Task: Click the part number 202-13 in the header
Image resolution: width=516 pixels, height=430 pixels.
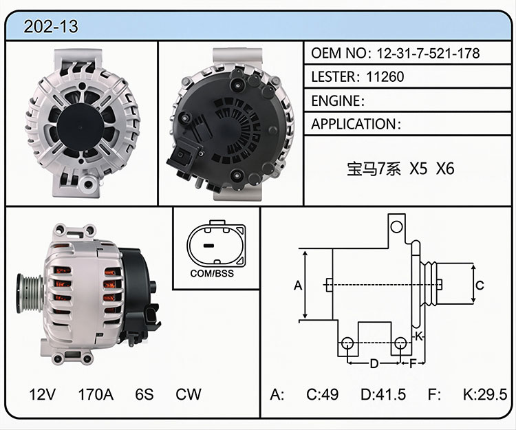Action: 51,26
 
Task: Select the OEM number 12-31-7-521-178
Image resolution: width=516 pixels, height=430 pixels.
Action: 428,53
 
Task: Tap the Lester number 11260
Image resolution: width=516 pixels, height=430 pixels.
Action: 385,76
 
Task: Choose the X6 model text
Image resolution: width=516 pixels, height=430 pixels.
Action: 445,169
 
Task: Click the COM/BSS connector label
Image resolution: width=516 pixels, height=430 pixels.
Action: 212,273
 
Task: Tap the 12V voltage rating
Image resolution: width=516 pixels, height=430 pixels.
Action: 42,394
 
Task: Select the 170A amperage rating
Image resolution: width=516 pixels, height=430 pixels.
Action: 96,394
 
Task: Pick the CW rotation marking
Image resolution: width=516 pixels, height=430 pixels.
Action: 189,394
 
